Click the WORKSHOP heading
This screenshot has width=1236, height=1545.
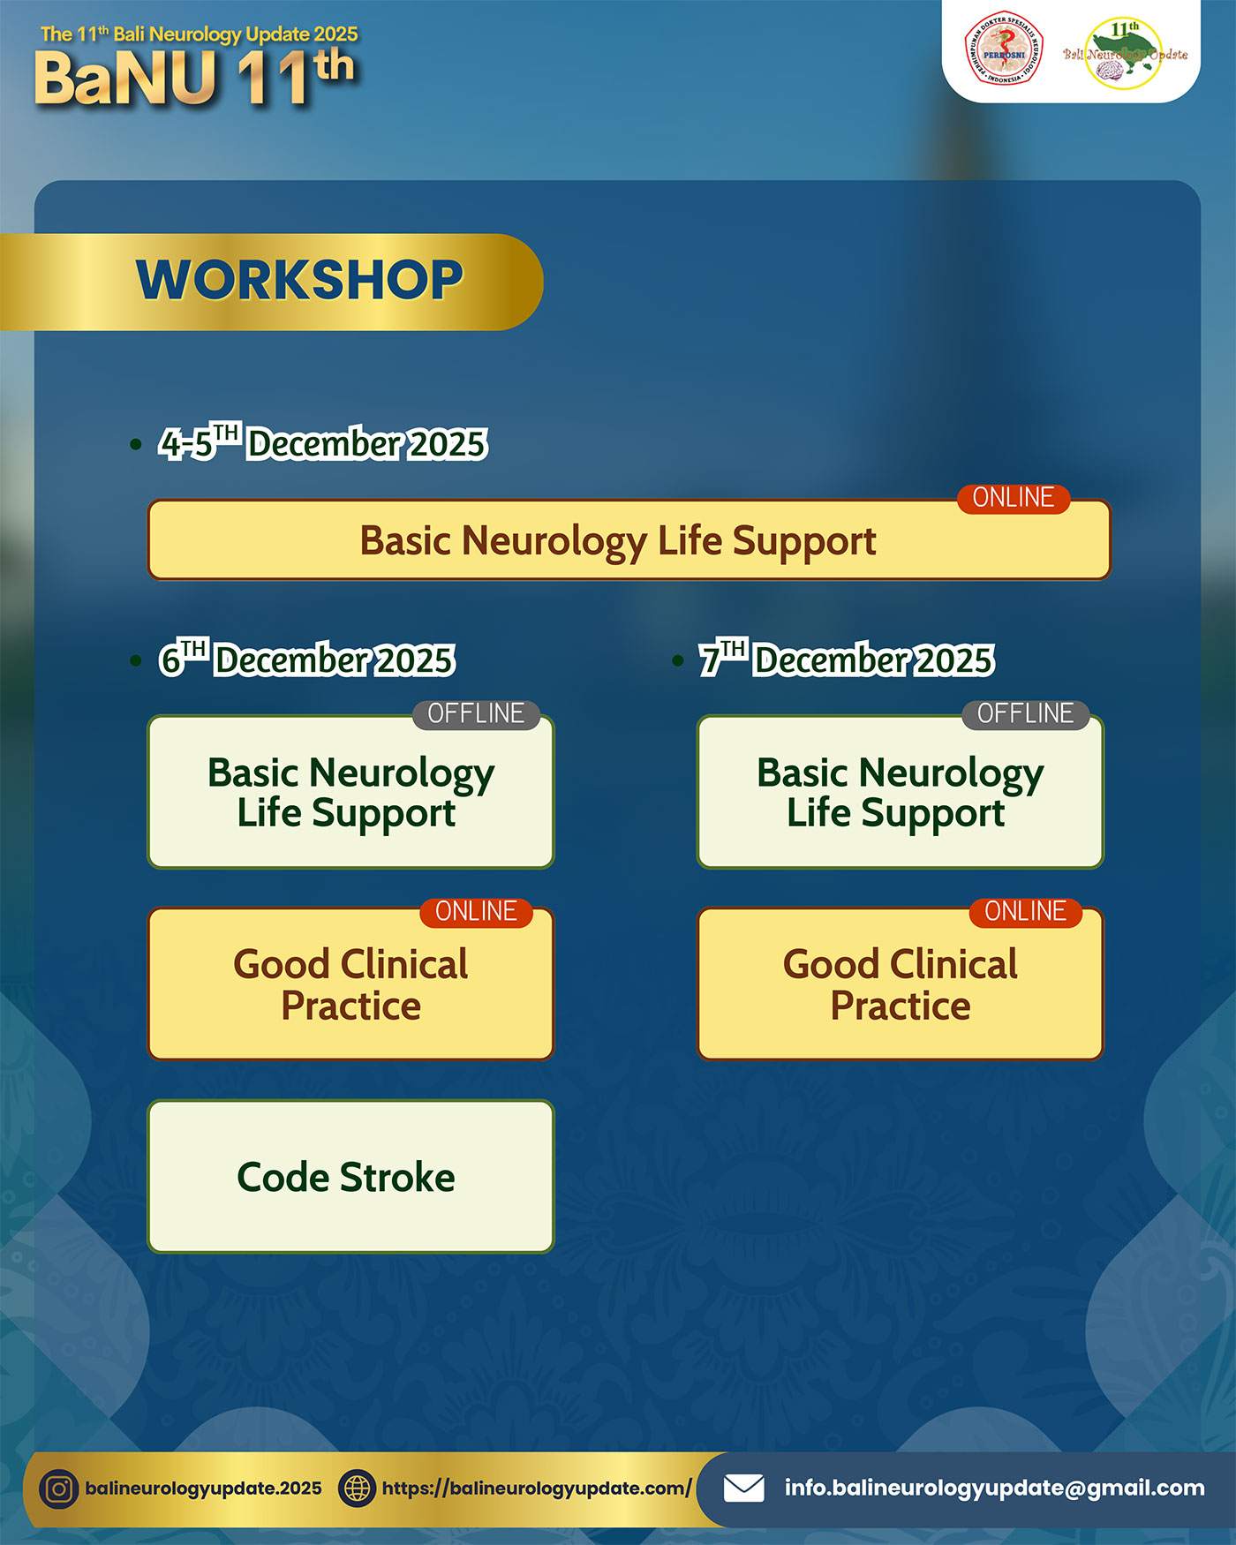299,280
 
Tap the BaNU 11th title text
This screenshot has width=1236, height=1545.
194,78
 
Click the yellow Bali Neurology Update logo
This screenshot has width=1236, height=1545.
1125,53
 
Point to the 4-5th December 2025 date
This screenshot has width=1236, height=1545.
323,442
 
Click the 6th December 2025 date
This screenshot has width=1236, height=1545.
307,659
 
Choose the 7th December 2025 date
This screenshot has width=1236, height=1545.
847,659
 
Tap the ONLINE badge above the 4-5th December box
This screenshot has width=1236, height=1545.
1014,498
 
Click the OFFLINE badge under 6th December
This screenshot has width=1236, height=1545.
476,714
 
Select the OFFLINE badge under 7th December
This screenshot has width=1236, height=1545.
1025,714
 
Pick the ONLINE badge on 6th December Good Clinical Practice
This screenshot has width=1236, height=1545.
476,912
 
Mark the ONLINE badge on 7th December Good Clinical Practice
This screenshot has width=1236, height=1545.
1025,912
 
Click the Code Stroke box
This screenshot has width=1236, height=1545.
350,1176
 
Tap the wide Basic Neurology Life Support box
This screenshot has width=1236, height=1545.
629,540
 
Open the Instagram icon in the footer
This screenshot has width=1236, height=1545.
59,1489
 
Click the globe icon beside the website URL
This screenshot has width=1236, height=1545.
358,1488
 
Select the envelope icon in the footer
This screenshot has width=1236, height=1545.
744,1488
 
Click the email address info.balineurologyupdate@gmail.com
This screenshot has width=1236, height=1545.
994,1488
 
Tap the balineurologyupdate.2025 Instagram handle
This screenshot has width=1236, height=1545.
203,1488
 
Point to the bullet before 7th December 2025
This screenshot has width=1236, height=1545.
677,660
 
